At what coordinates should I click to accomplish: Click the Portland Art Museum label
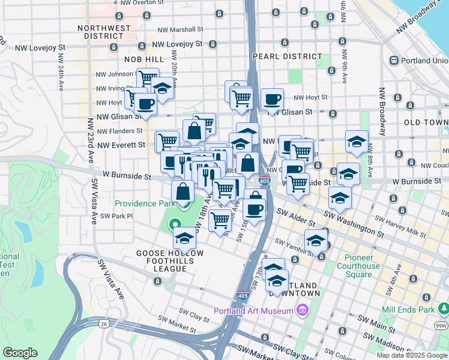pyautogui.click(x=254, y=310)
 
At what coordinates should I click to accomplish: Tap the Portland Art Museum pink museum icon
pyautogui.click(x=302, y=310)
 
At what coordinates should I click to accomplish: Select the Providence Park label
pyautogui.click(x=144, y=203)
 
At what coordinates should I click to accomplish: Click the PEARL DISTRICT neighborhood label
pyautogui.click(x=288, y=56)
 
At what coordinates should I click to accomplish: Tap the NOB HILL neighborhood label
pyautogui.click(x=143, y=59)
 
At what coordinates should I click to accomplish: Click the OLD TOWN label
pyautogui.click(x=426, y=122)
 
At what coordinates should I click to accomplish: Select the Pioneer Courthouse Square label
pyautogui.click(x=363, y=266)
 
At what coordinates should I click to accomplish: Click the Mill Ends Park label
pyautogui.click(x=408, y=310)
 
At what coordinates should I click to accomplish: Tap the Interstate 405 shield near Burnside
pyautogui.click(x=265, y=181)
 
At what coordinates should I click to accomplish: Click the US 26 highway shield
pyautogui.click(x=104, y=324)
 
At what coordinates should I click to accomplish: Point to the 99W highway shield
pyautogui.click(x=441, y=326)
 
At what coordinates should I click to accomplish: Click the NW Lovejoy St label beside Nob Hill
pyautogui.click(x=176, y=44)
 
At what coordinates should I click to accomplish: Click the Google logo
pyautogui.click(x=20, y=353)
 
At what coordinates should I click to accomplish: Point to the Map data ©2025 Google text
pyautogui.click(x=412, y=356)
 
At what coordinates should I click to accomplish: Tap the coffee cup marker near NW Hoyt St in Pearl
pyautogui.click(x=272, y=100)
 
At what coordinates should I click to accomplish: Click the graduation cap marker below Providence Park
pyautogui.click(x=184, y=238)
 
